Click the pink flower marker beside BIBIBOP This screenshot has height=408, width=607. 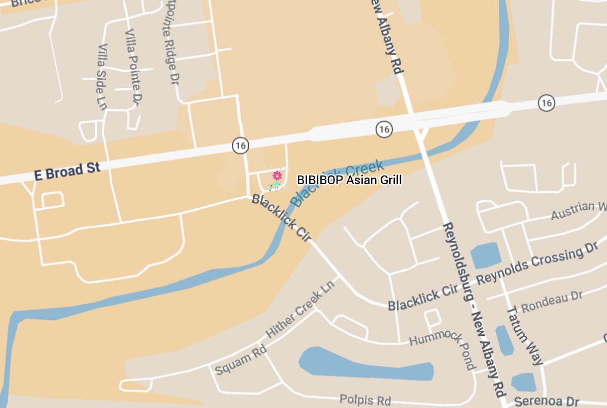point(277,176)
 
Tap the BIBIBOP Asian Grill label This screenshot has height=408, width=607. point(349,180)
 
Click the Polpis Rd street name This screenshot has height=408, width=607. point(365,400)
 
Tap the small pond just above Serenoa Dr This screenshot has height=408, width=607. point(523,382)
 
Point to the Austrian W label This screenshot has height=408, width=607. point(579,210)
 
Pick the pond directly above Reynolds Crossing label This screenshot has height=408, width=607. point(486,255)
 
